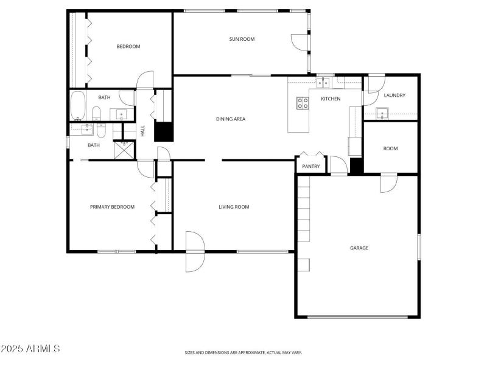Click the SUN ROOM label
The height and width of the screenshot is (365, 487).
[242, 39]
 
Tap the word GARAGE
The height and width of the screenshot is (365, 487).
[359, 248]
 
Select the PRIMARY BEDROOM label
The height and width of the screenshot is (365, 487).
[112, 207]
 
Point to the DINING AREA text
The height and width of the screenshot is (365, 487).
[231, 119]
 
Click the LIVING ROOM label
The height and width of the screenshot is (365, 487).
[234, 207]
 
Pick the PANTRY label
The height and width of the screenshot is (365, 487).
[310, 166]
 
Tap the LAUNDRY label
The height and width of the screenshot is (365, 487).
[394, 96]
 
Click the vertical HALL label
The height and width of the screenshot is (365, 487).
[143, 131]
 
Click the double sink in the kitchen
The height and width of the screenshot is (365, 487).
[324, 82]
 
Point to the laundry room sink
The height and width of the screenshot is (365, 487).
[382, 113]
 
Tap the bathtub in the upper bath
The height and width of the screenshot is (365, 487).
[77, 105]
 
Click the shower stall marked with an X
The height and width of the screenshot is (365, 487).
[124, 150]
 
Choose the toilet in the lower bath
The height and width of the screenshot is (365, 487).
[101, 131]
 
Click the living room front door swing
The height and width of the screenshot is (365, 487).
[194, 251]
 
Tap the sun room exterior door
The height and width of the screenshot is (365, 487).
[300, 41]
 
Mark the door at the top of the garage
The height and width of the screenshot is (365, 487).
[388, 183]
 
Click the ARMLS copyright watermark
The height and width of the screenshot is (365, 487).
[30, 349]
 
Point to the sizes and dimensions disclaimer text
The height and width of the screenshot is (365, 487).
[243, 352]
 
